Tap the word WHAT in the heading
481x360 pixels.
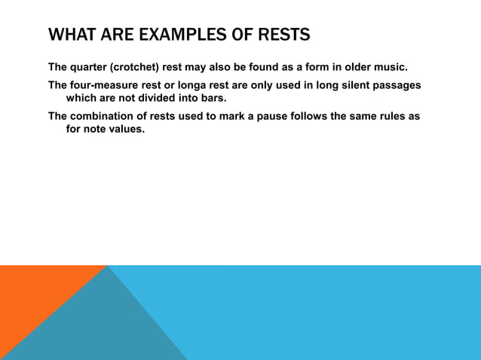68,35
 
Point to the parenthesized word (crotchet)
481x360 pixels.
142,66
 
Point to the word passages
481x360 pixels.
397,85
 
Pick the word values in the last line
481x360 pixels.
124,129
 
